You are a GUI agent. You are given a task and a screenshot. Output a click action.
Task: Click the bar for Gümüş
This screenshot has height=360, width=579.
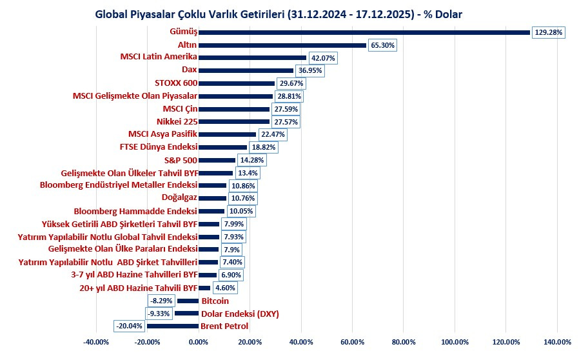click(x=364, y=32)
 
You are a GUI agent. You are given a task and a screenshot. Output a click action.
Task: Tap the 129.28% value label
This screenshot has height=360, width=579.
click(x=549, y=32)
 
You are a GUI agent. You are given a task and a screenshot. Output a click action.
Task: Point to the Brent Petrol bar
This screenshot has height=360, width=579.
click(x=172, y=326)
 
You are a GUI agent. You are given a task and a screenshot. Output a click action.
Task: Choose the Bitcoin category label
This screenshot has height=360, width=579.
click(x=215, y=301)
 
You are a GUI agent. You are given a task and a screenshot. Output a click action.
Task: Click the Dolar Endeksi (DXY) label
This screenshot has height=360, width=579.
click(x=239, y=314)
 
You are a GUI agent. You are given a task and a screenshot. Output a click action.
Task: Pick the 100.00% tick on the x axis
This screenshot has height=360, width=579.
click(x=454, y=342)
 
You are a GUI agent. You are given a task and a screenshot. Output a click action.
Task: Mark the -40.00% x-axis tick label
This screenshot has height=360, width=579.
click(x=95, y=342)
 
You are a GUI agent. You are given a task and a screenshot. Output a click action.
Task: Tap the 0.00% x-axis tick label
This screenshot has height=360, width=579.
click(x=198, y=342)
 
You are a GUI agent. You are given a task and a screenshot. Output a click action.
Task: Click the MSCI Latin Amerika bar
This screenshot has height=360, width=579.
click(x=252, y=57)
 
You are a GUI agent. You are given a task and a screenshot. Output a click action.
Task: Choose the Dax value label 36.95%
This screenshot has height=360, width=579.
click(x=309, y=70)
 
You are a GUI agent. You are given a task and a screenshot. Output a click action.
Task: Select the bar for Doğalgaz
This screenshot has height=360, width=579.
click(x=212, y=198)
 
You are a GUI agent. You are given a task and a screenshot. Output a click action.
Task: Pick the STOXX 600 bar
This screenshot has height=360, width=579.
click(x=236, y=83)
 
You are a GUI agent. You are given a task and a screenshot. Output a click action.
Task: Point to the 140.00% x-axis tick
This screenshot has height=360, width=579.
click(x=556, y=342)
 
